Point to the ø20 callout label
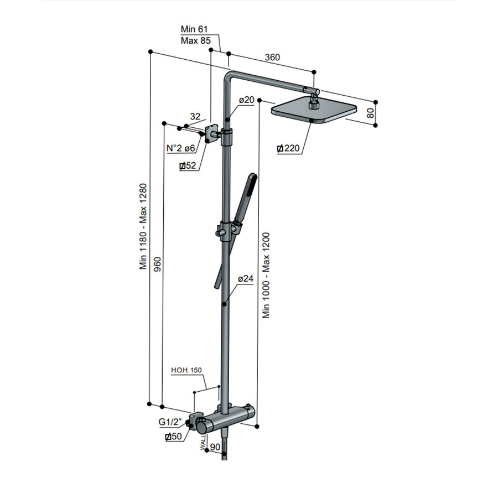point(246,100)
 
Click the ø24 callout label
point(246,279)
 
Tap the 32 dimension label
point(195,116)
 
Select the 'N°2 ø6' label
point(181,148)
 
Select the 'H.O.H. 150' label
point(186,370)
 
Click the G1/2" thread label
point(170,422)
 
